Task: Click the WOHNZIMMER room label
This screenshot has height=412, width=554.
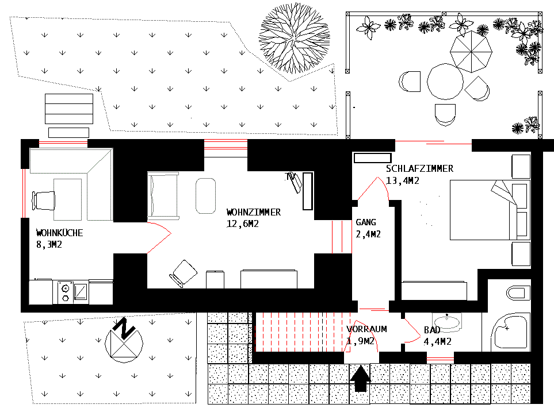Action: [x=253, y=212]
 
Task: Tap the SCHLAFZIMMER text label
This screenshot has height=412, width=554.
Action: [x=419, y=169]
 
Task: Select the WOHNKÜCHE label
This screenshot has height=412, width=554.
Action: [x=60, y=233]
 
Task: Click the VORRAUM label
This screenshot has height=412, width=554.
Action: [x=366, y=329]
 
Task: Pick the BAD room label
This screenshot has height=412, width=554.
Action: [x=432, y=330]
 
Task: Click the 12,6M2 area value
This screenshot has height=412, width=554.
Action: [x=242, y=224]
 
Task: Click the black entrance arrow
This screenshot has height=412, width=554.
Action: [x=361, y=379]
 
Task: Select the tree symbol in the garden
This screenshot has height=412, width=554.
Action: [x=295, y=38]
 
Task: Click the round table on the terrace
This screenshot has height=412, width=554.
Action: [x=445, y=82]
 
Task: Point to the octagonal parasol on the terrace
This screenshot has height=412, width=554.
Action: [x=472, y=51]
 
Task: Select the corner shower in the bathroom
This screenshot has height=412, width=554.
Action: [x=510, y=332]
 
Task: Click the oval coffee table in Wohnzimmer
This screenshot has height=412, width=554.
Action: [x=205, y=195]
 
